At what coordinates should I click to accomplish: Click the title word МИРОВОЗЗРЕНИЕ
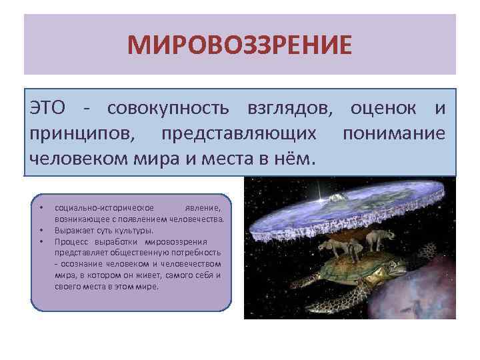[x=239, y=46]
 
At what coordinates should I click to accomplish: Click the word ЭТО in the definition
[x=48, y=108]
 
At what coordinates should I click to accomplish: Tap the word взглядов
[x=285, y=108]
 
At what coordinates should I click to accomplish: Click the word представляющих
[x=238, y=134]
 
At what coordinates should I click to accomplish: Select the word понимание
[x=393, y=134]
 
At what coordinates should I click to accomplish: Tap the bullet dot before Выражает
[x=41, y=230]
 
